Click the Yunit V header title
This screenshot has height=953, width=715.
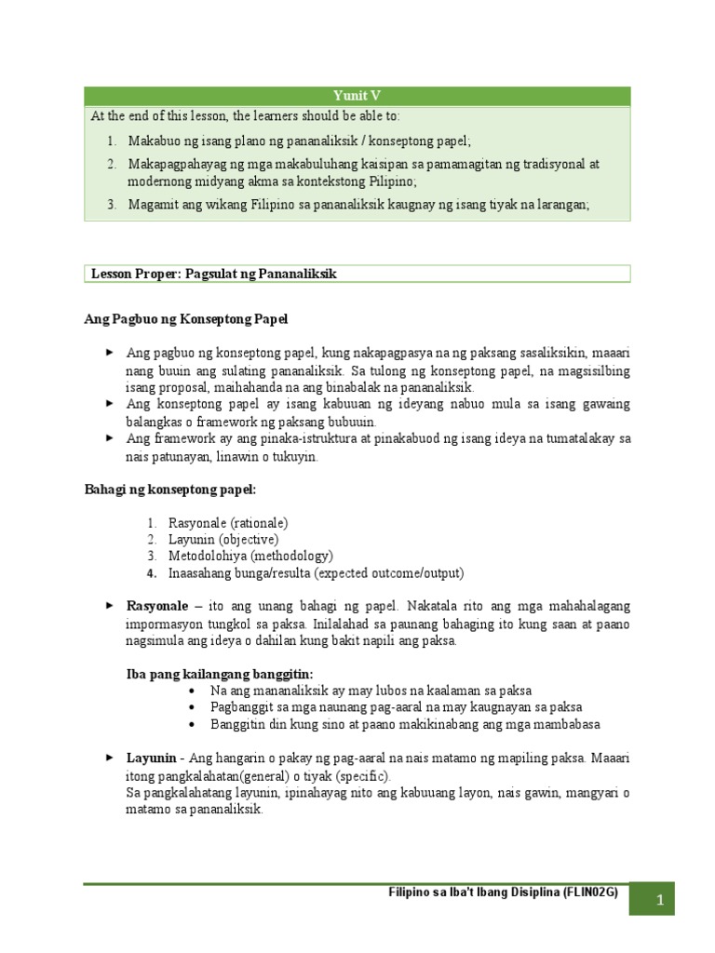click(x=357, y=96)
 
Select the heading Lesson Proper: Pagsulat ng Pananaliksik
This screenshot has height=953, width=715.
click(x=214, y=273)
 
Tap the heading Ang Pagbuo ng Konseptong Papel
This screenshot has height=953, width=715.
click(x=186, y=319)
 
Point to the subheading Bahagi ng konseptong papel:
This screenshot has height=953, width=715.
click(x=169, y=489)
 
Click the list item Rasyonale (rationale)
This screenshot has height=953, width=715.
click(x=228, y=523)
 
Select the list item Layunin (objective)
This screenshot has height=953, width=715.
click(x=223, y=539)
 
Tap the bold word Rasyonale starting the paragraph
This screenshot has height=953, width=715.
click(x=157, y=606)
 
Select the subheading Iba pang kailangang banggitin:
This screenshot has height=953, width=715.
click(x=220, y=673)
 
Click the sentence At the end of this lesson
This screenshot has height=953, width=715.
click(x=244, y=116)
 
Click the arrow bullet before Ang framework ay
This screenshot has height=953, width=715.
click(x=109, y=436)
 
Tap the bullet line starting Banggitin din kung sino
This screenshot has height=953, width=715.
click(x=405, y=724)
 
